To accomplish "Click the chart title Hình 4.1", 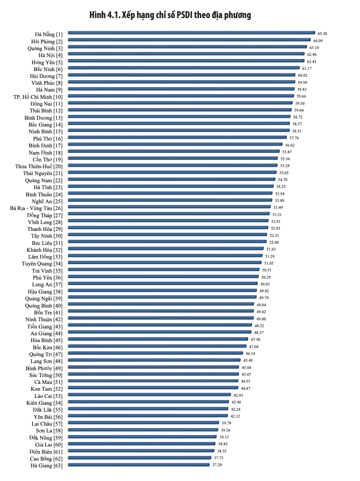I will (170, 15).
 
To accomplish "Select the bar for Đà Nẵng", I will (191, 33).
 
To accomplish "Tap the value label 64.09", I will (318, 41).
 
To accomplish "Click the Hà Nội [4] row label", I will (50, 55).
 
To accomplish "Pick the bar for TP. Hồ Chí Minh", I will (181, 96).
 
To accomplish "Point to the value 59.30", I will (300, 103).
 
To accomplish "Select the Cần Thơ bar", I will (173, 158).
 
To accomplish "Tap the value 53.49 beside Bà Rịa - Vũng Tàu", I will (278, 207).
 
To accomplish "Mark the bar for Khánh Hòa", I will (166, 249).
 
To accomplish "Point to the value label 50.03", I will (264, 283).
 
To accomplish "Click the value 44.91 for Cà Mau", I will (245, 381).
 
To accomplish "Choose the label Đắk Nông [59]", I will (46, 438).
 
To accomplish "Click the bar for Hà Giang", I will (139, 465).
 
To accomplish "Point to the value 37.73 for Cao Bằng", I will (219, 458).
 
